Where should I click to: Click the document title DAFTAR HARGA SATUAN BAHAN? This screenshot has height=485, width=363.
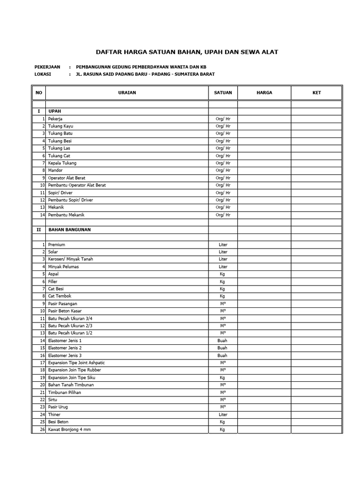point(187,52)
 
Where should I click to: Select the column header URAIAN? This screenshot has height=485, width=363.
point(127,93)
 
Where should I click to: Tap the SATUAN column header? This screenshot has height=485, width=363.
point(223,93)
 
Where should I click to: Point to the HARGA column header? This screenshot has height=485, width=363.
point(264,93)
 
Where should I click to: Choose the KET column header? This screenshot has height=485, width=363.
point(316,93)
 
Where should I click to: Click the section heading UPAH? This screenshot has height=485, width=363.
point(55,111)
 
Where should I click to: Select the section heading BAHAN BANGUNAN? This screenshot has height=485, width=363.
point(69,230)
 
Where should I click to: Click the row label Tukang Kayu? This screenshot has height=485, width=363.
point(60,126)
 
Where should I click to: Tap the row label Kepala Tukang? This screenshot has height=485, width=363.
point(62,163)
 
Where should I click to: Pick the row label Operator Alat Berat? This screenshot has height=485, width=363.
point(67,178)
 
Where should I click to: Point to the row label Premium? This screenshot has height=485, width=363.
point(56,245)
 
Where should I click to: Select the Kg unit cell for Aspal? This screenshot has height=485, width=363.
point(223,274)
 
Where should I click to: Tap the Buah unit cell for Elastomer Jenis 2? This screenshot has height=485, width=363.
point(223,348)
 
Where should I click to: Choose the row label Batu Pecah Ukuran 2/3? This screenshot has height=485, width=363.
point(70,326)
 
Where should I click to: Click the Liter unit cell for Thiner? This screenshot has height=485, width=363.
point(223,414)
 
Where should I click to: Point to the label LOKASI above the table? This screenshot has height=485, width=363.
point(43,74)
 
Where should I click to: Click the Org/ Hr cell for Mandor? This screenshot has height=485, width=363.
point(223,171)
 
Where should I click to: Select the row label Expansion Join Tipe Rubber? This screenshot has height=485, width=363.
point(74,370)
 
